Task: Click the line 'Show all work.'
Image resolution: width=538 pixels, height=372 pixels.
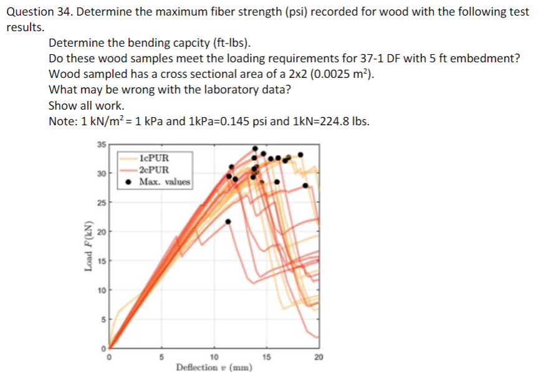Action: point(86,105)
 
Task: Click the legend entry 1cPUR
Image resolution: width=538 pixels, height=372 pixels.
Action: point(155,158)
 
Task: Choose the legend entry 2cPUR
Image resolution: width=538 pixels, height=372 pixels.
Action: point(155,169)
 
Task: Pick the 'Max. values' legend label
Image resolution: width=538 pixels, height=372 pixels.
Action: point(165,181)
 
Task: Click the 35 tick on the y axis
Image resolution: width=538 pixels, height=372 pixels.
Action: point(101,145)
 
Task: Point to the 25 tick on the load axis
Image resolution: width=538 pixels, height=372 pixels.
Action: point(101,203)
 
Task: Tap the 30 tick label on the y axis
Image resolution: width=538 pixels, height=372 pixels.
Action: point(101,174)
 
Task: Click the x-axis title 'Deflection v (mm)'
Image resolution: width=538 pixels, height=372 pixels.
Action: point(214,367)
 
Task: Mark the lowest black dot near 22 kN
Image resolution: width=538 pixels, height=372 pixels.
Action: point(228,221)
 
